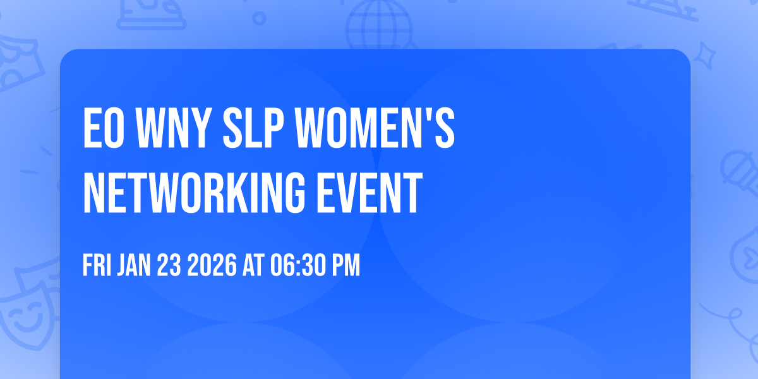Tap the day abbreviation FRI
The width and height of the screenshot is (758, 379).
pyautogui.click(x=97, y=266)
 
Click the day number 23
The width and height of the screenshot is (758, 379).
pyautogui.click(x=171, y=266)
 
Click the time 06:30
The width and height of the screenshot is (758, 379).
pyautogui.click(x=296, y=266)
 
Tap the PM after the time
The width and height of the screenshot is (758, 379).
pyautogui.click(x=346, y=266)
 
